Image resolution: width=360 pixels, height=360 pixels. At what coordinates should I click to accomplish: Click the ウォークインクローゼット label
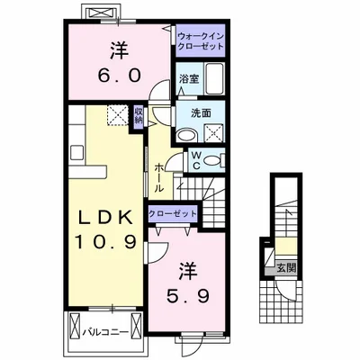[x=201, y=40]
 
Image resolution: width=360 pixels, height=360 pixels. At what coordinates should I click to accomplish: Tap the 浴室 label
[x=189, y=78]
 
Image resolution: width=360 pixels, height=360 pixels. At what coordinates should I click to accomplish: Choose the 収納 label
[x=140, y=115]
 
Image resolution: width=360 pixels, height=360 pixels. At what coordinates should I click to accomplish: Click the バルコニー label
[x=107, y=331]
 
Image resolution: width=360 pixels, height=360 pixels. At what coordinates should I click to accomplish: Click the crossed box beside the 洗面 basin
[x=214, y=133]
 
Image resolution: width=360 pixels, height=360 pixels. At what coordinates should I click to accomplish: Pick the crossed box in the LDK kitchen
[x=117, y=114]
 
